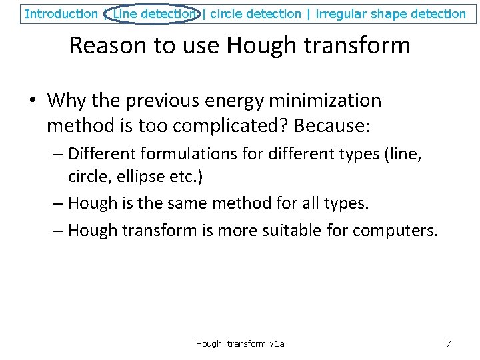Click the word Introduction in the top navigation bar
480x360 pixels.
(x=61, y=13)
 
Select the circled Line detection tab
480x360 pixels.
(x=155, y=13)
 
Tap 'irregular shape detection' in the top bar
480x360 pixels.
(x=391, y=13)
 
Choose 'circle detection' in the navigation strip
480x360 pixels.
(x=255, y=13)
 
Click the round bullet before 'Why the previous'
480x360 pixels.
(x=32, y=101)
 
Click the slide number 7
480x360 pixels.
(x=448, y=343)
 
